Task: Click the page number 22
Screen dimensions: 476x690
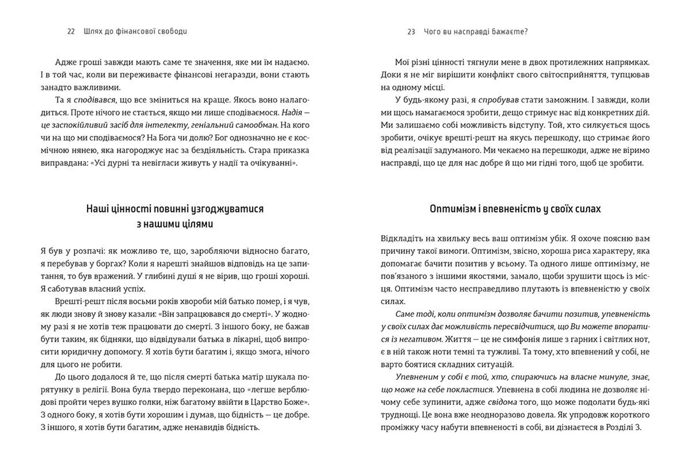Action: tap(71, 32)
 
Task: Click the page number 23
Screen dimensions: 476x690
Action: tap(411, 32)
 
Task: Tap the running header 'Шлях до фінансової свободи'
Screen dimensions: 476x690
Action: tap(135, 32)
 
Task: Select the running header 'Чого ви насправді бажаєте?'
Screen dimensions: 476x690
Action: tap(476, 32)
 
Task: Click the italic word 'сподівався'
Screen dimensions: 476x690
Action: tap(94, 100)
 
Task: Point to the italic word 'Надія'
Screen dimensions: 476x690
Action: tap(291, 112)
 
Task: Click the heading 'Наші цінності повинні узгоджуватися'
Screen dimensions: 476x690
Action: tap(175, 209)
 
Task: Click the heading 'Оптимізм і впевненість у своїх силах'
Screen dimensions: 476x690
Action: tap(515, 209)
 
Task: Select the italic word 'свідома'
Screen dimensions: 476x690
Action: tap(502, 402)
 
